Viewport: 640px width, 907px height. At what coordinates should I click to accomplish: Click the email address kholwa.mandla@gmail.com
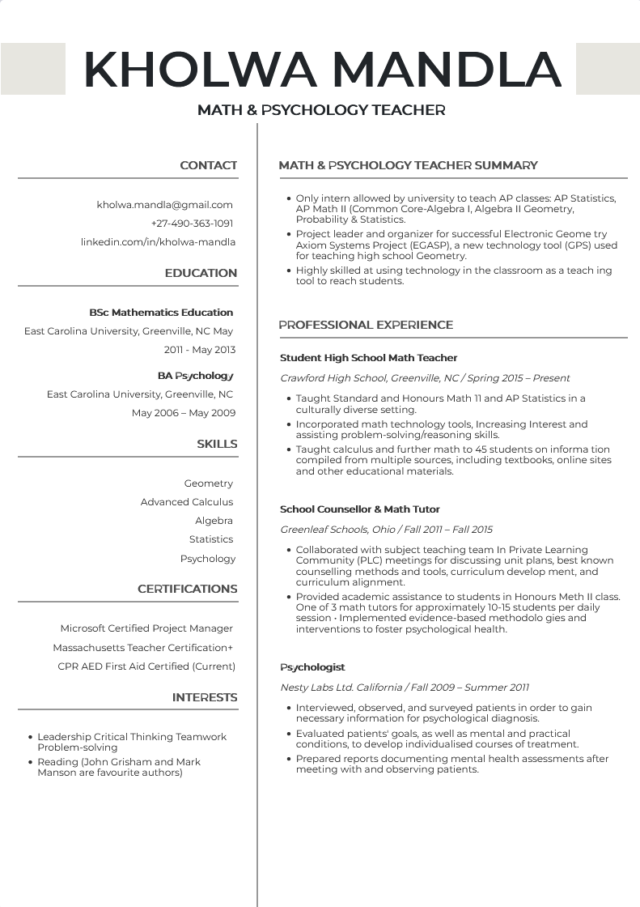click(x=164, y=205)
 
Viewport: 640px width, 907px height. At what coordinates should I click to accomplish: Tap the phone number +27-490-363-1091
click(x=192, y=224)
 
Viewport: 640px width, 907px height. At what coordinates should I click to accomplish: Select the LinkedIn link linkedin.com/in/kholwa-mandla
click(x=158, y=242)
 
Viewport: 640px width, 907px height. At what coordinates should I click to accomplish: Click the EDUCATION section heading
click(x=201, y=274)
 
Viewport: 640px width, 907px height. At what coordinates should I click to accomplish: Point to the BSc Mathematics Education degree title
click(x=161, y=313)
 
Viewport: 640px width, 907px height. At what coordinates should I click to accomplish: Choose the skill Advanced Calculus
click(x=186, y=502)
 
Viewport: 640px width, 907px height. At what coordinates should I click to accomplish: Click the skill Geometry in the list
click(x=208, y=483)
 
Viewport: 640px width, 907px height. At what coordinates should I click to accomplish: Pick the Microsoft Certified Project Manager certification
click(x=146, y=628)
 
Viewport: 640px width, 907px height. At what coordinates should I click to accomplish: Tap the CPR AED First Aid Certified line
click(x=146, y=666)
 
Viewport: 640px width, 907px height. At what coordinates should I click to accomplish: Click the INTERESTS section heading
click(x=205, y=698)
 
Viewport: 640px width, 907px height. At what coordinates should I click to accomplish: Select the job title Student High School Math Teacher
click(x=368, y=358)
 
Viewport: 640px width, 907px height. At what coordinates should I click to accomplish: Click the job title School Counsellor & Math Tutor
click(x=359, y=509)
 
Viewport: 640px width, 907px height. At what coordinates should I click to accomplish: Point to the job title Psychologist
click(x=312, y=667)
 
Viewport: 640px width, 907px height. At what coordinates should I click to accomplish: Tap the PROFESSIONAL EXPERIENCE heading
click(x=366, y=326)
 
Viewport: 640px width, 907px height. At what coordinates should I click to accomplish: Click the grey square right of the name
click(x=607, y=69)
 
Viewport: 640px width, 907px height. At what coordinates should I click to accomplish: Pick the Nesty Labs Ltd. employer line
click(x=405, y=688)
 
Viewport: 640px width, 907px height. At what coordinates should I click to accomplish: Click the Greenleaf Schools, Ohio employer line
click(x=386, y=530)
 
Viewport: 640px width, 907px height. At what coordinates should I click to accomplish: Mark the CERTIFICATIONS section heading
click(x=187, y=590)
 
